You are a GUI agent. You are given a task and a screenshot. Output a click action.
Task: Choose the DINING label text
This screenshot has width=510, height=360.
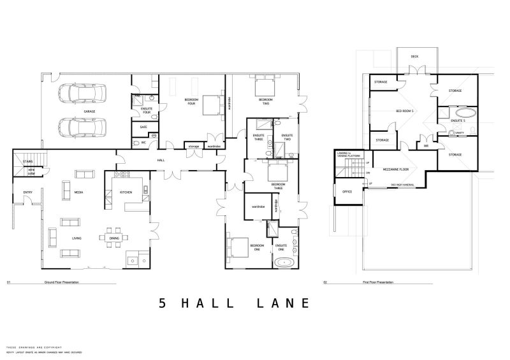(x=113, y=239)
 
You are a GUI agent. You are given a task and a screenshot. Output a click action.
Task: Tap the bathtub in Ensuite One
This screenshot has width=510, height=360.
(x=281, y=263)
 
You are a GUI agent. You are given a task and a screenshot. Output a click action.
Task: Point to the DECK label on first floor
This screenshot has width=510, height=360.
(x=414, y=56)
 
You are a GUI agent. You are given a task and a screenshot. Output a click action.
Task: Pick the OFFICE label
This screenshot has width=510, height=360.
(x=347, y=191)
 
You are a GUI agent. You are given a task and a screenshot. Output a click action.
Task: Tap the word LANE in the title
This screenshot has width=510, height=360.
(x=282, y=303)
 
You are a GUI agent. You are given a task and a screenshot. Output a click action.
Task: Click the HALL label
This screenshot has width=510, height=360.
(x=161, y=160)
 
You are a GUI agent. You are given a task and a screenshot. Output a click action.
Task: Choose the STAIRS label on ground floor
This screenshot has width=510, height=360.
(x=27, y=162)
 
